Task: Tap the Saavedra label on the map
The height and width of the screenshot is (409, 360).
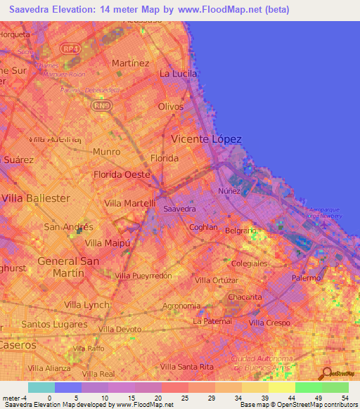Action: tap(179, 209)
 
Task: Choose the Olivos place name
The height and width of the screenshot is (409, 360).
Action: tap(171, 107)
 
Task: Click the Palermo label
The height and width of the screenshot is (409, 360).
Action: tap(305, 278)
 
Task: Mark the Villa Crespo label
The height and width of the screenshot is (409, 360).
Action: tap(269, 323)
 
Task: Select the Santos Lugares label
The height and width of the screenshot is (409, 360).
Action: tap(52, 324)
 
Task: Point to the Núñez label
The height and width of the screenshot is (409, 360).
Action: tap(229, 191)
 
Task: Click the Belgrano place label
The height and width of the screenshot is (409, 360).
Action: tap(240, 231)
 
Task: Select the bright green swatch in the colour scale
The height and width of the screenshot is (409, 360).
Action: tap(308, 387)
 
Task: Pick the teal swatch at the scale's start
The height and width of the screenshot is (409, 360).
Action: tap(41, 387)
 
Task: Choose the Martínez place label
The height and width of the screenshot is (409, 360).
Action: tap(131, 63)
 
